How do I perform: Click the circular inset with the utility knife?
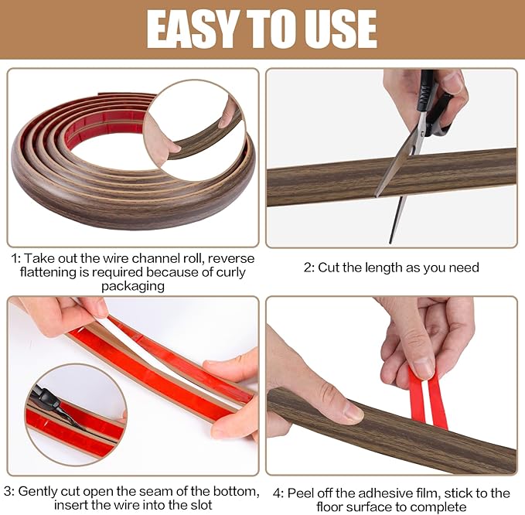pos(75,414)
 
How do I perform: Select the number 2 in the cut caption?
pos(308,268)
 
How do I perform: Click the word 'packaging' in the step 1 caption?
pos(132,286)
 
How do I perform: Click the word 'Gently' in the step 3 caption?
pos(39,491)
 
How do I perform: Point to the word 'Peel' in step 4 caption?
pos(300,493)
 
